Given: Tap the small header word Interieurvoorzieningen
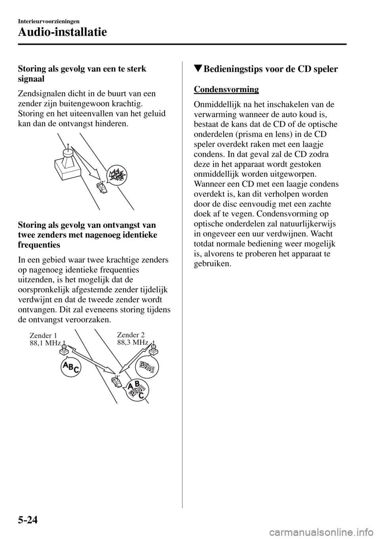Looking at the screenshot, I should (49, 21).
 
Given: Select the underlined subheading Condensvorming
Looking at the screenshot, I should (226, 89).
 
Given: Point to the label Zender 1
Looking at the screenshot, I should (44, 336).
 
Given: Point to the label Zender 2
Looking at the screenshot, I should (131, 335).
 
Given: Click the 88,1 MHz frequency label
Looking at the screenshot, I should (46, 343).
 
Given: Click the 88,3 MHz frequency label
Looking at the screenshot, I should (133, 342).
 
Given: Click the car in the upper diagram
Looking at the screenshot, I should (102, 188).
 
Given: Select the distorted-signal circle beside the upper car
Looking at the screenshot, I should (118, 175).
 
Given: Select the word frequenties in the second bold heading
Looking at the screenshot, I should (39, 245).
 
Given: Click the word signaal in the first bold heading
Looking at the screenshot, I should (31, 79).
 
